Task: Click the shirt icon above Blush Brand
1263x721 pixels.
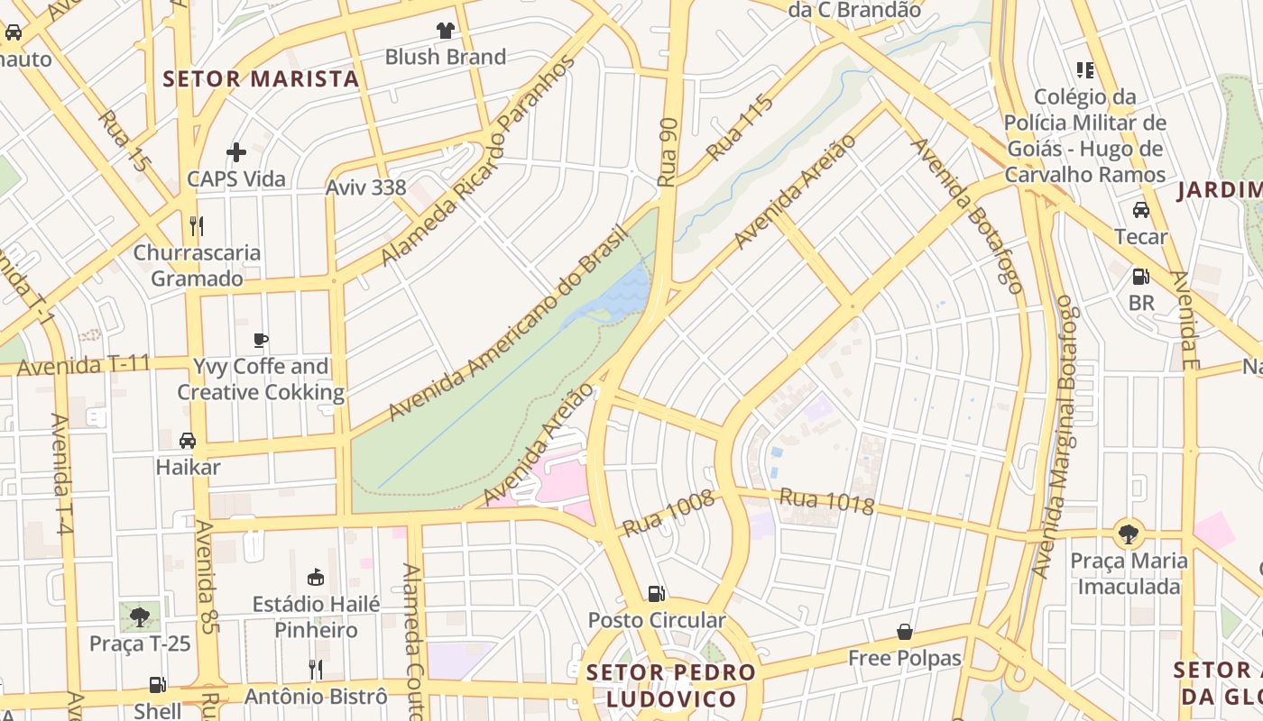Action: click(445, 31)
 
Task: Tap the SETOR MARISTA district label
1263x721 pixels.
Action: click(261, 79)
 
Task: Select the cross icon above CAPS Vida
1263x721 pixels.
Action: click(236, 152)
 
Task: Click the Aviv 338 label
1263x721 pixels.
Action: click(365, 188)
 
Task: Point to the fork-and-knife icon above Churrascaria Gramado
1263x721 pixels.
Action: click(197, 225)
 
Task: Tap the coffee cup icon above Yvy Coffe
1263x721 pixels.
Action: click(261, 340)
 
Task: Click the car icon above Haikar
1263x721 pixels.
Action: click(188, 441)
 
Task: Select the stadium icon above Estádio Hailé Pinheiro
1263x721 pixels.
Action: click(316, 577)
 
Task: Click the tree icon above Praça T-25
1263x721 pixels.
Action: click(140, 617)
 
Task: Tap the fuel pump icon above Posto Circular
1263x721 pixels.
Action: click(657, 593)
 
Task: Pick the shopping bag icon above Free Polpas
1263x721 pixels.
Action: click(905, 632)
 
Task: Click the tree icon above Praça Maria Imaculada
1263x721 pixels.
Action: click(1128, 534)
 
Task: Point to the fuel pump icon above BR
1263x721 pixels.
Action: click(1141, 276)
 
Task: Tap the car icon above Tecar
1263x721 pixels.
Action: click(1141, 210)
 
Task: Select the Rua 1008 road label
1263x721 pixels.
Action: click(668, 514)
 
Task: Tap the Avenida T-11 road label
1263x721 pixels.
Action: click(83, 367)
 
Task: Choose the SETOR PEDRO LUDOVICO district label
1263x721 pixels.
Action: click(671, 686)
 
